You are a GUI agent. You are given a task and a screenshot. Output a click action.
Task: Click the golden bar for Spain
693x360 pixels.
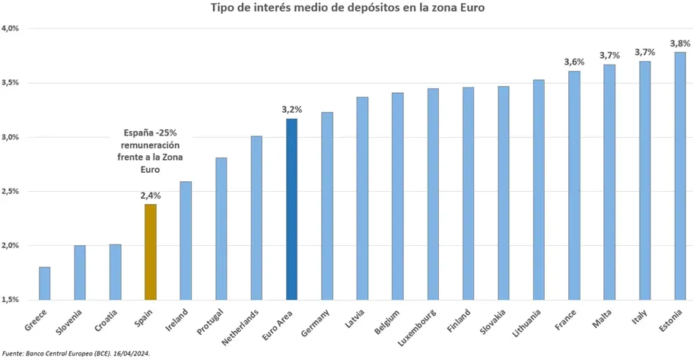click(x=150, y=252)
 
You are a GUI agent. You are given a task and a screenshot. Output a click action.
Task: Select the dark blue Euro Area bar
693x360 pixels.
click(x=291, y=209)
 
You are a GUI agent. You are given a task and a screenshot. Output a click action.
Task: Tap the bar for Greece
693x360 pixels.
click(x=44, y=283)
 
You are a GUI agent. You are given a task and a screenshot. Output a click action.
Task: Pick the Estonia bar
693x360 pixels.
click(x=680, y=175)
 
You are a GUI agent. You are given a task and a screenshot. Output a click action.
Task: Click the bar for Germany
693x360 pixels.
click(x=327, y=205)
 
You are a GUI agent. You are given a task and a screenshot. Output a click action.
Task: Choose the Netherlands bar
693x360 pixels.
click(x=256, y=218)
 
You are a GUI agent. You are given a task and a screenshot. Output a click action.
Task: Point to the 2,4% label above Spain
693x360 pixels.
click(x=150, y=196)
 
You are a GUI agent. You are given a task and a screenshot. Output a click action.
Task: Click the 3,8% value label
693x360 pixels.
click(x=679, y=43)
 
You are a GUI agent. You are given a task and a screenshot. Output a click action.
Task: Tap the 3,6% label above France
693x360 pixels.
click(x=574, y=62)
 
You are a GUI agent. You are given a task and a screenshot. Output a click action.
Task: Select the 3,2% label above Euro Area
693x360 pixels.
click(x=291, y=110)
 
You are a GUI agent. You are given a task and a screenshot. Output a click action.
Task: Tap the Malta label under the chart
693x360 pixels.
click(x=602, y=317)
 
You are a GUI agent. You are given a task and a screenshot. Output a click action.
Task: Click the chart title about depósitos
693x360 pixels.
click(x=348, y=8)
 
